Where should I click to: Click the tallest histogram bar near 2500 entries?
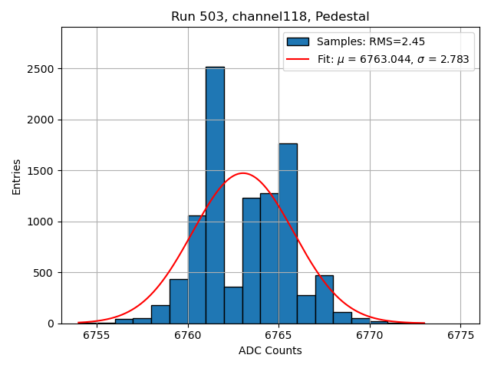tap(215, 195)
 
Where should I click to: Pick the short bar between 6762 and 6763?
tap(233, 305)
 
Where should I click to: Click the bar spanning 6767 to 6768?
tap(324, 300)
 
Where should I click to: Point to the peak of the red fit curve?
tap(242, 173)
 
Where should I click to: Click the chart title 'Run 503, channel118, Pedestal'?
tap(270, 16)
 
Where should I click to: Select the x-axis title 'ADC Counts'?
tap(270, 351)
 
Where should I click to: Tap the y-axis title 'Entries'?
tap(16, 176)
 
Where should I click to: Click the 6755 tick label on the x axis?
tap(97, 335)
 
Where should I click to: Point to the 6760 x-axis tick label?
tap(187, 335)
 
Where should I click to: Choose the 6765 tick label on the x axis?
tap(278, 335)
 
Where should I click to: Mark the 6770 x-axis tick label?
tap(370, 335)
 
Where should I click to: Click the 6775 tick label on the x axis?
tap(460, 335)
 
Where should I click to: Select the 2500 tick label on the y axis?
tap(42, 69)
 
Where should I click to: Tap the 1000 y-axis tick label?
tap(42, 222)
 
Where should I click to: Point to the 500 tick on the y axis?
tap(45, 273)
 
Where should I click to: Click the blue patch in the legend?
tap(298, 41)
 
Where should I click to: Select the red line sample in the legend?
tap(298, 59)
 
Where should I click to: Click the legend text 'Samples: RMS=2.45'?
tap(371, 41)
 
